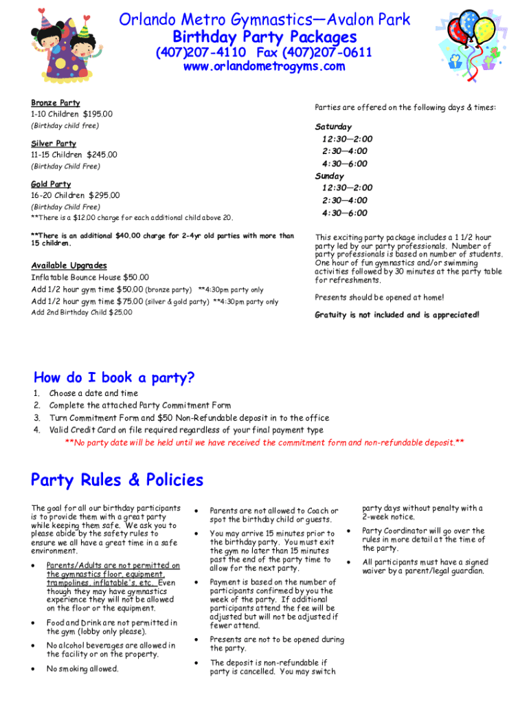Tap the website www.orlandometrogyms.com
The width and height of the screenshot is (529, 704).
point(264,67)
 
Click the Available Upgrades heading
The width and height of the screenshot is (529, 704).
point(69,265)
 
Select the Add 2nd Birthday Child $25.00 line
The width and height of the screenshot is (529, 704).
point(82,313)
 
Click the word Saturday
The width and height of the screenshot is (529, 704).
point(333,126)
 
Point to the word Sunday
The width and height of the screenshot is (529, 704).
point(329,175)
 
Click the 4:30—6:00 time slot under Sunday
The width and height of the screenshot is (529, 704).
point(344,212)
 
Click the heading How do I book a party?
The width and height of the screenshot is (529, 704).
point(114,377)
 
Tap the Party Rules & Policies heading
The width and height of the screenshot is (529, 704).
point(117,479)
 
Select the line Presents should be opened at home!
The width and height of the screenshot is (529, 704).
point(379,297)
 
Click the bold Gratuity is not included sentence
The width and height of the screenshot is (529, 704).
point(397,315)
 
